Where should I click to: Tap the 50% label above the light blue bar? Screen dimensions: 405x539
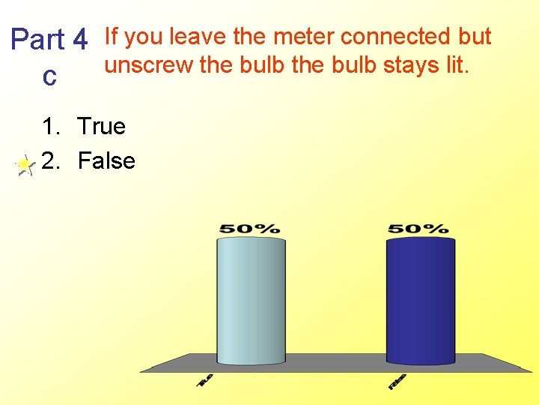pyautogui.click(x=249, y=228)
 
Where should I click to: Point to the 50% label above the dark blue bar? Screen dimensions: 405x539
pyautogui.click(x=418, y=228)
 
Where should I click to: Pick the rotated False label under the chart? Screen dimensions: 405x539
pyautogui.click(x=398, y=381)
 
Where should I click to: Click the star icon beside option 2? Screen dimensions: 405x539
pyautogui.click(x=25, y=164)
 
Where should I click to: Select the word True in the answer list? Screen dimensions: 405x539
pyautogui.click(x=101, y=126)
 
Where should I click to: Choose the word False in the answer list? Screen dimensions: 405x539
pyautogui.click(x=106, y=160)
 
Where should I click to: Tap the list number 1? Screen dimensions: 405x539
pyautogui.click(x=49, y=126)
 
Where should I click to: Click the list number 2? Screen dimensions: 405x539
pyautogui.click(x=49, y=160)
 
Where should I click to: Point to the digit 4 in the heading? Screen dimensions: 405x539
pyautogui.click(x=82, y=39)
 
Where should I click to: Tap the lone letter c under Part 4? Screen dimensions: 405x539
pyautogui.click(x=49, y=76)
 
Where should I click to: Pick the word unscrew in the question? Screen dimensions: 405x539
pyautogui.click(x=149, y=65)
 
